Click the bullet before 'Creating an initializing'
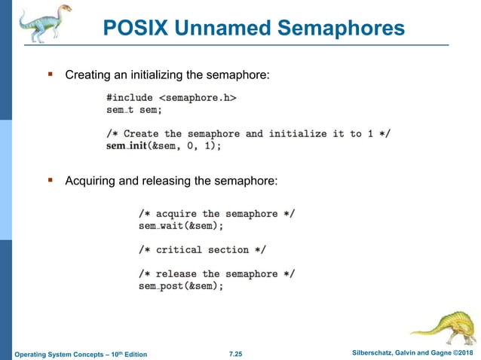pyautogui.click(x=51, y=75)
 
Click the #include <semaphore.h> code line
pyautogui.click(x=171, y=97)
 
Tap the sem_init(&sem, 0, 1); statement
pyautogui.click(x=164, y=146)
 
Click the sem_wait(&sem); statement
pyautogui.click(x=181, y=225)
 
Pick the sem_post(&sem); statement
pyautogui.click(x=181, y=286)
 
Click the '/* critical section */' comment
pyautogui.click(x=202, y=249)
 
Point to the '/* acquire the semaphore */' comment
pyautogui.click(x=216, y=213)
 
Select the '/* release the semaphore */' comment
pyautogui.click(x=216, y=274)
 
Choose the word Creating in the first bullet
pyautogui.click(x=88, y=75)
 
